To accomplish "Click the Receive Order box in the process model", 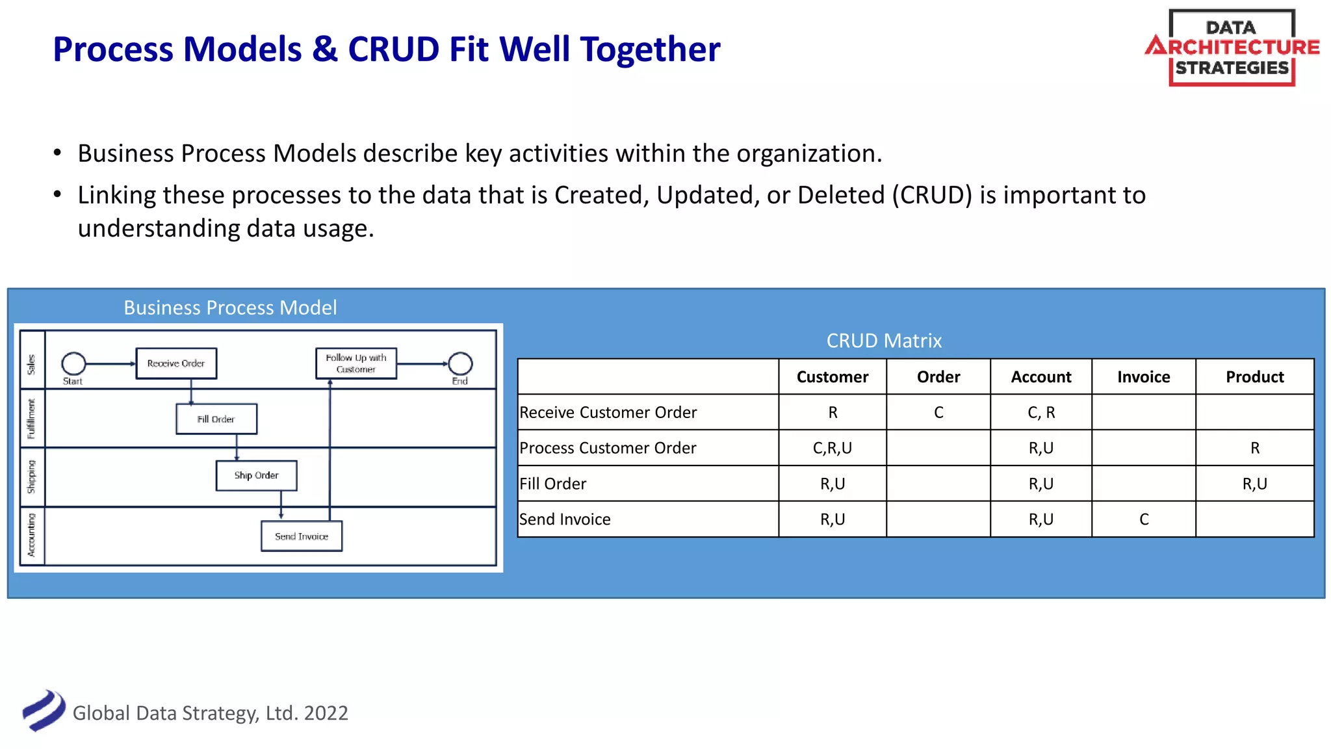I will pos(176,363).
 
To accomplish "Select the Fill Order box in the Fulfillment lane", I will pos(216,419).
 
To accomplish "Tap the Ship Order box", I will pos(257,476).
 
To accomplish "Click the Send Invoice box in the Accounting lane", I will pos(302,536).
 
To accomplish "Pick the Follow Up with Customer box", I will pos(356,363).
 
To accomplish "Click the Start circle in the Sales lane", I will pos(73,364).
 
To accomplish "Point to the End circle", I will pos(460,364).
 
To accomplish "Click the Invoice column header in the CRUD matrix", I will pos(1143,377).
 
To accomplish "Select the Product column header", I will pos(1254,377).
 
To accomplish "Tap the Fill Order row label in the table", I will pos(553,484).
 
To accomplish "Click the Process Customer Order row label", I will pos(608,448).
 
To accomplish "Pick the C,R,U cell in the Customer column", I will pos(832,448).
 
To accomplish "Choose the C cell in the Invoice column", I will pos(1144,519).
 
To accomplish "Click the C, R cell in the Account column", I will pos(1041,413).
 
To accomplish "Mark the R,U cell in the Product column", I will pos(1254,484).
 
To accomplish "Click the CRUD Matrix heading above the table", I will pos(884,341).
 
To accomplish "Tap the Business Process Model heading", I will pos(230,308).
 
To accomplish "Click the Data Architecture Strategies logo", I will pos(1232,48).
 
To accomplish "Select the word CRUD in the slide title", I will pos(394,49).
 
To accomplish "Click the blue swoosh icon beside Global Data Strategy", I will pos(44,711).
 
